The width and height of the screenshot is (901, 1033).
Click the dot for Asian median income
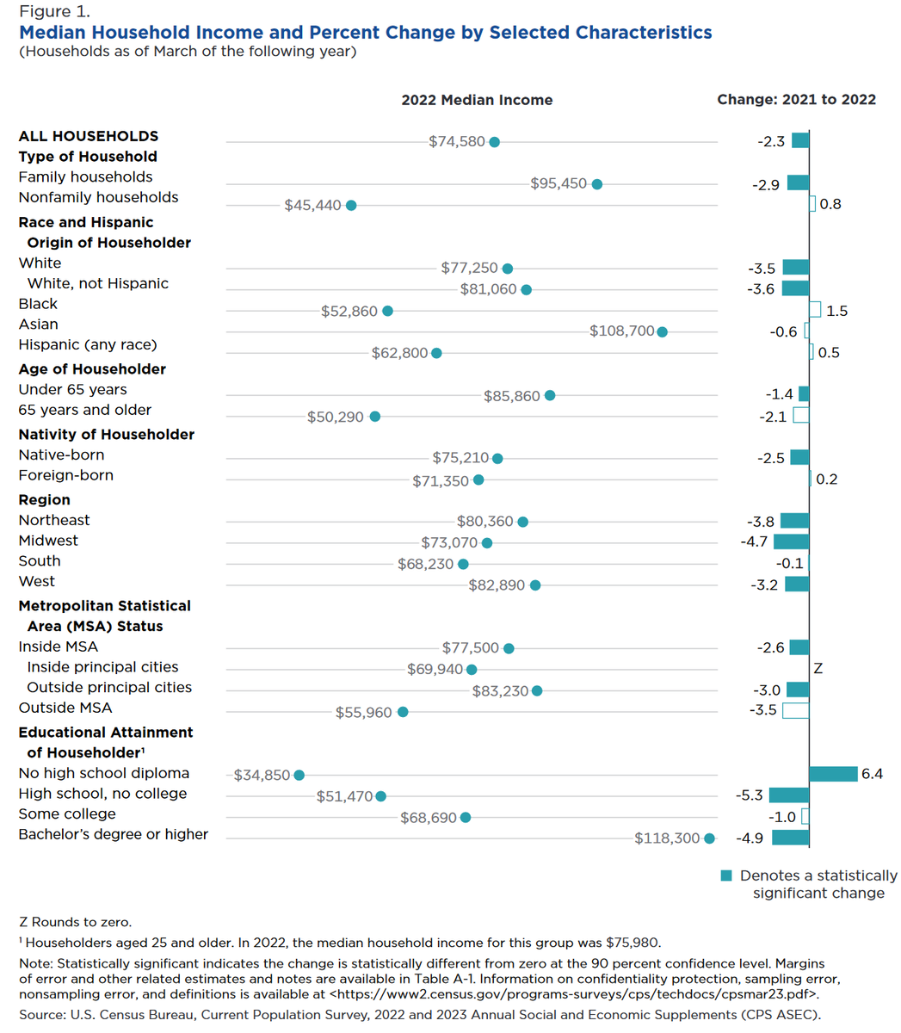tap(662, 331)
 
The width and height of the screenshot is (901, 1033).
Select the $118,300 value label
tap(667, 838)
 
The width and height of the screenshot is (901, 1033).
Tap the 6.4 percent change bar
tap(833, 774)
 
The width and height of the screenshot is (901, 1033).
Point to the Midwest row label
tap(48, 541)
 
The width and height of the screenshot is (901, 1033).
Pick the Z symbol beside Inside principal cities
tap(818, 669)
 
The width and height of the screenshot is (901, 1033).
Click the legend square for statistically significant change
tap(726, 876)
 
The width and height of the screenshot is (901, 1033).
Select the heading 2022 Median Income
tap(477, 100)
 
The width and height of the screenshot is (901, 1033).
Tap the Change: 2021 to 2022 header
tap(796, 100)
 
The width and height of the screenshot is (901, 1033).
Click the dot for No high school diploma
tap(299, 776)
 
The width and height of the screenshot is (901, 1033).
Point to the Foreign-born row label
tap(65, 475)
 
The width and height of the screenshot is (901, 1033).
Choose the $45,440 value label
tap(312, 206)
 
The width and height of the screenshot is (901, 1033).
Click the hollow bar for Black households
tap(815, 310)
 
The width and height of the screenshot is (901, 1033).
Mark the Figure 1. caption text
tap(54, 12)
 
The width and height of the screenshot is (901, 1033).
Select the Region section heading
tap(45, 500)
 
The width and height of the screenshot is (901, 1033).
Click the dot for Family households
tap(597, 184)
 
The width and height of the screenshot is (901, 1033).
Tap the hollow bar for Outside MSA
tap(796, 710)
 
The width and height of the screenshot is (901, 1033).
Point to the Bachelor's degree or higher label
tap(114, 834)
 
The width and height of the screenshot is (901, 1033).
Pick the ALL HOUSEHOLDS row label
tap(89, 136)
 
